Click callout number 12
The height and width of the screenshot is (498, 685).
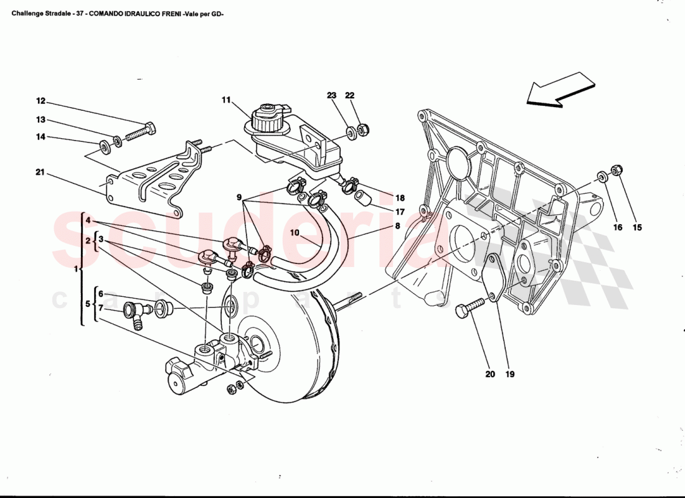pos(40,101)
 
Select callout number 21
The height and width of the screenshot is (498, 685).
pos(40,172)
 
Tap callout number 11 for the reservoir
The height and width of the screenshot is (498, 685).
pos(225,100)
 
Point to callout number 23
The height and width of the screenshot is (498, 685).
pos(331,96)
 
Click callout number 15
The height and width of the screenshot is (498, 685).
pos(637,228)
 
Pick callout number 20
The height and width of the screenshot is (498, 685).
pos(490,374)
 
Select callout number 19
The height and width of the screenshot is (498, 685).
pos(510,374)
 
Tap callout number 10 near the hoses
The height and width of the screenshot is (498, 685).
pos(295,233)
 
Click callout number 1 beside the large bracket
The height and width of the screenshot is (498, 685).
pos(76,270)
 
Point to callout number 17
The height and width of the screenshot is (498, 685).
pos(399,212)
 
